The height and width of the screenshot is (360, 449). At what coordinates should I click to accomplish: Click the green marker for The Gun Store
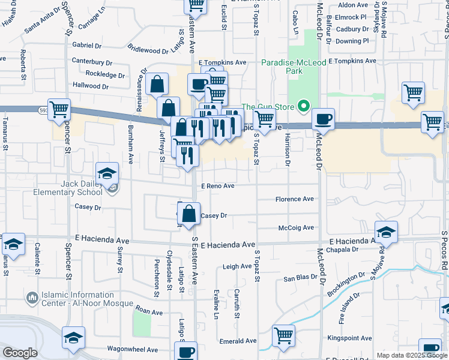304,107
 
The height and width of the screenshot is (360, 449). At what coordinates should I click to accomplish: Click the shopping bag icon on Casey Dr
189,214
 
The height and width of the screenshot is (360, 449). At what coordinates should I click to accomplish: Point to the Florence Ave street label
295,199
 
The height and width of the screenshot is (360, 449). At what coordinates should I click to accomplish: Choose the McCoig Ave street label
296,227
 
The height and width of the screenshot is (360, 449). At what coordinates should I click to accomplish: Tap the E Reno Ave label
217,186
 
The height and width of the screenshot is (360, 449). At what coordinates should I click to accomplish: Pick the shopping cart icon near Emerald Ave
283,336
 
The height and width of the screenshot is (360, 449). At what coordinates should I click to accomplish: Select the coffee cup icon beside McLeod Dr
323,119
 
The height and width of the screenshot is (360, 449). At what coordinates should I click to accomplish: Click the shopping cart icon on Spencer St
59,110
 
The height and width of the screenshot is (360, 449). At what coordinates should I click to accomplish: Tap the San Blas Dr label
300,278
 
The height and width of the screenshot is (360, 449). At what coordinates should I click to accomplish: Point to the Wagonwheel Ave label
132,349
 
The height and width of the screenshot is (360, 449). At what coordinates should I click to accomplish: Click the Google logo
20,353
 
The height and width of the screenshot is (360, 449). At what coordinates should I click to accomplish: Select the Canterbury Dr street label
92,61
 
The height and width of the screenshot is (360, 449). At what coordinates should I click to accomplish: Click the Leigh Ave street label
237,266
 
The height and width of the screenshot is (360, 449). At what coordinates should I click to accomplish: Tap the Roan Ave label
149,312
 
